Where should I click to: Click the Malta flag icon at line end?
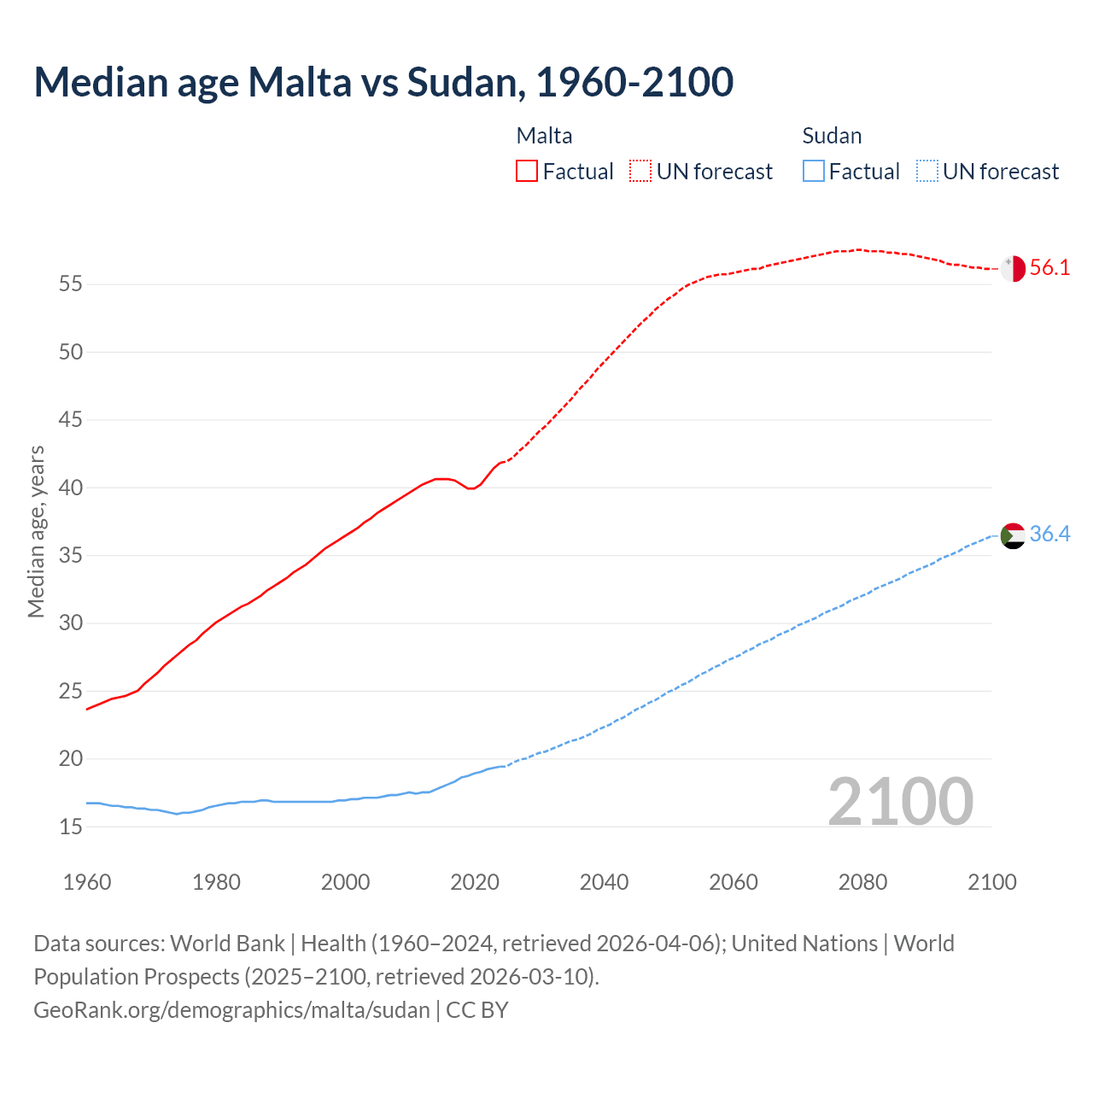(x=1013, y=268)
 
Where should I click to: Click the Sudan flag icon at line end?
(x=1013, y=535)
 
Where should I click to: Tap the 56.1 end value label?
(x=1049, y=268)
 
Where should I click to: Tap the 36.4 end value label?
(x=1049, y=535)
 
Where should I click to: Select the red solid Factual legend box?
(x=527, y=172)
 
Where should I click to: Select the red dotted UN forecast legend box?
(x=640, y=172)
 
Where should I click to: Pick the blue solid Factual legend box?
(x=814, y=172)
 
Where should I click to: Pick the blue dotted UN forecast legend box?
(x=927, y=172)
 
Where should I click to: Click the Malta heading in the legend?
(x=544, y=136)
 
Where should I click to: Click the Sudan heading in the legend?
(x=832, y=136)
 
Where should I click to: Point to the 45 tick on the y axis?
(x=71, y=420)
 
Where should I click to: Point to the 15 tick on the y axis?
(x=71, y=827)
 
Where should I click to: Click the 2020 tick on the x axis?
(x=475, y=882)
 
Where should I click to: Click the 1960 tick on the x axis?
(x=87, y=882)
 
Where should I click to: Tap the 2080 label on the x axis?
(x=862, y=882)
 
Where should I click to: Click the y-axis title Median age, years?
(x=36, y=531)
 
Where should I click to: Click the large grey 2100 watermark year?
(x=900, y=802)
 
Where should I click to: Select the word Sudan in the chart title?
(x=461, y=82)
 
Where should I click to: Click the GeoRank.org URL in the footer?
(x=231, y=1010)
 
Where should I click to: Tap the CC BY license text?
(x=477, y=1010)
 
